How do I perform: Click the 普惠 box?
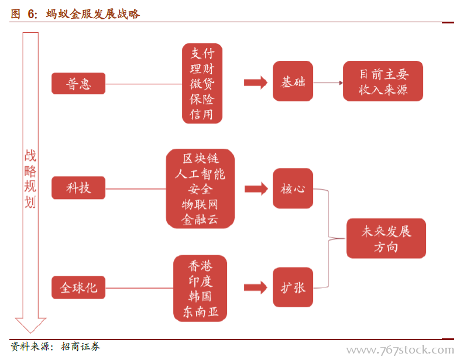click(x=78, y=84)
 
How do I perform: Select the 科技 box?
click(x=78, y=188)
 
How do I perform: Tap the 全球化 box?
click(x=78, y=287)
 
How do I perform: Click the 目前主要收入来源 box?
click(x=383, y=81)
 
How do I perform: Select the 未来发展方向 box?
click(x=386, y=238)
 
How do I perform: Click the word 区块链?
click(x=200, y=159)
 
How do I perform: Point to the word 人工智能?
click(x=200, y=174)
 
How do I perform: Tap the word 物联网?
click(x=200, y=204)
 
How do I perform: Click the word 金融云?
click(x=200, y=220)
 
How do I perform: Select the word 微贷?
click(x=202, y=84)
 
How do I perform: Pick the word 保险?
click(x=202, y=99)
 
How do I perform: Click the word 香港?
click(x=200, y=265)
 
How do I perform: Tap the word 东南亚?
click(x=200, y=311)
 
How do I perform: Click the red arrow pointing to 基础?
click(x=255, y=83)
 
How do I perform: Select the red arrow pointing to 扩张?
click(x=255, y=287)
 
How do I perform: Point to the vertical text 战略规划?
click(x=30, y=179)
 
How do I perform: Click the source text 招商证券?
click(x=81, y=347)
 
